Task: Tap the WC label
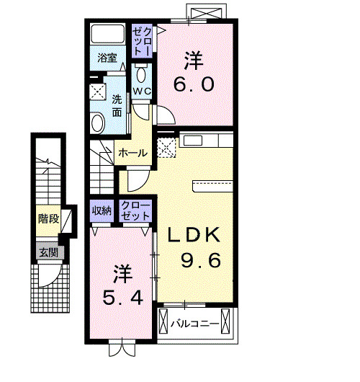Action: click(x=141, y=91)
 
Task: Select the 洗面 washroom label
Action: click(x=117, y=107)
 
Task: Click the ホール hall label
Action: click(x=132, y=153)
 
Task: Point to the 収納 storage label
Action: click(x=102, y=211)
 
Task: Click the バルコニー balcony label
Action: click(x=194, y=324)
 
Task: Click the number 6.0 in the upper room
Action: click(x=193, y=85)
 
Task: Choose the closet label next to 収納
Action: click(x=136, y=210)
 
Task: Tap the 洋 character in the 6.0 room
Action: click(x=193, y=59)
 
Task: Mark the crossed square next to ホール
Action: click(x=166, y=148)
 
